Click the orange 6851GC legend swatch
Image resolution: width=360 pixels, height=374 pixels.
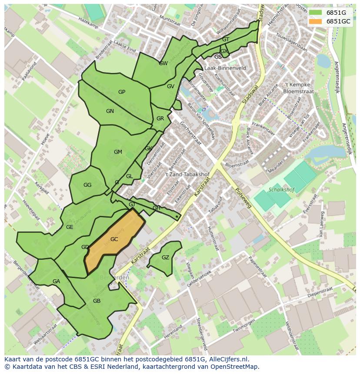coord(315,21)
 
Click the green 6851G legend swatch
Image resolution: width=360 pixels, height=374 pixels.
coord(315,12)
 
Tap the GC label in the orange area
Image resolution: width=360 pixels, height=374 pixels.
coord(114,239)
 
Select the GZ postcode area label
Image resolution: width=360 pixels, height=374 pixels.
coord(165,258)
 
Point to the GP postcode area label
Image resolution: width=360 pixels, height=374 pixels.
coord(122,92)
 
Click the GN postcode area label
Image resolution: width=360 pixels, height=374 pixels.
coord(110,111)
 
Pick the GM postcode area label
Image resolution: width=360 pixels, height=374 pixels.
coord(118,152)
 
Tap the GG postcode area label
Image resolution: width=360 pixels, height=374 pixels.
coord(87,185)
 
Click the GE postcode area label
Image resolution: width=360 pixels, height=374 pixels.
coord(70,227)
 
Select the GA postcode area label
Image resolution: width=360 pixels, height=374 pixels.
coord(56,281)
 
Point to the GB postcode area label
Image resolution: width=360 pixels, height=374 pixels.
coord(97,301)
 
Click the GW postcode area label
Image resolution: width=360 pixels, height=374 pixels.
coord(163,63)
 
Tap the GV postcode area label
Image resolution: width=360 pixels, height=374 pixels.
coord(170,86)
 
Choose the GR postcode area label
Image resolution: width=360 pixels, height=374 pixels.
coord(160,119)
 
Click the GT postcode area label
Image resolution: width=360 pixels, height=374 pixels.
coord(226,40)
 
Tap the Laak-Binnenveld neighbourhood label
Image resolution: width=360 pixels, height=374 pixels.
coord(225,68)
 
